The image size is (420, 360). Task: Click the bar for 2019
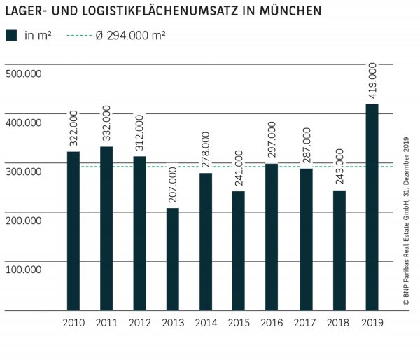click(x=372, y=207)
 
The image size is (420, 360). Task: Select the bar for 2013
click(x=172, y=258)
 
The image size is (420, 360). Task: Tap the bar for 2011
click(x=106, y=228)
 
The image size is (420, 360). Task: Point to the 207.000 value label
click(x=172, y=185)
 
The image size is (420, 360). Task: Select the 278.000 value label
click(x=206, y=149)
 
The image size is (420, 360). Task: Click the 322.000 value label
click(x=73, y=127)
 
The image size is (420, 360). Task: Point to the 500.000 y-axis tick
click(x=24, y=74)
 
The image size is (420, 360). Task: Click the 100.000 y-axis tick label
click(x=24, y=269)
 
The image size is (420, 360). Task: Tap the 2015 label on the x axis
click(x=239, y=322)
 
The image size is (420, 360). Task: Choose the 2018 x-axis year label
click(x=339, y=322)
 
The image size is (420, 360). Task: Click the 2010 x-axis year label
click(x=73, y=322)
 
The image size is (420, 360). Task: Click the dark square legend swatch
click(x=11, y=36)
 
